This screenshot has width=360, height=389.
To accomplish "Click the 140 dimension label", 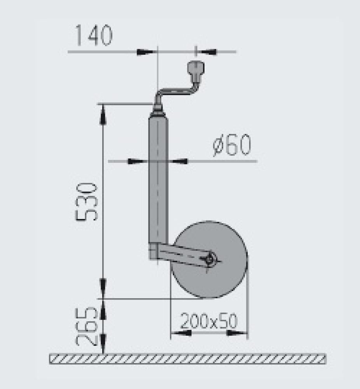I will pyautogui.click(x=93, y=35).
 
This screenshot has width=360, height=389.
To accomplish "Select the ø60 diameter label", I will pyautogui.click(x=232, y=145).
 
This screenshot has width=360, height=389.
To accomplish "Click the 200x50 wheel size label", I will pyautogui.click(x=209, y=321).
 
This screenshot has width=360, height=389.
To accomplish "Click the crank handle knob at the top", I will pyautogui.click(x=195, y=70).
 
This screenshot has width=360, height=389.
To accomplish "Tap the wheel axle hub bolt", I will pyautogui.click(x=211, y=259).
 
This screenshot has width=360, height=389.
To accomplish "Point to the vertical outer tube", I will pyautogui.click(x=158, y=179).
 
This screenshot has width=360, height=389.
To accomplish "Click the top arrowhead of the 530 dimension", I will pyautogui.click(x=103, y=114).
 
